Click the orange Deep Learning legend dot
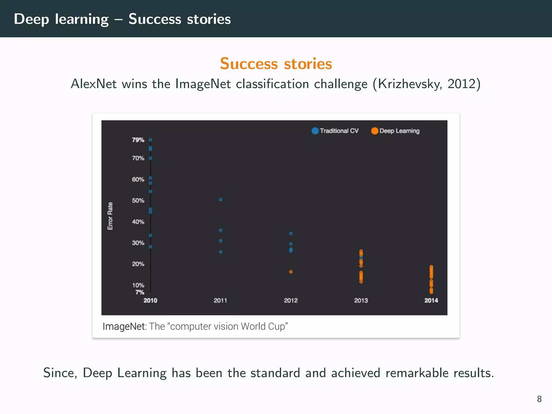click(375, 131)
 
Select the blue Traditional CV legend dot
click(315, 131)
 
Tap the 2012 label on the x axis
click(291, 300)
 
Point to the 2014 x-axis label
click(431, 300)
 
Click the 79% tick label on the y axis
click(138, 140)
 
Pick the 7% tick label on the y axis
click(140, 292)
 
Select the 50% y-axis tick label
click(138, 201)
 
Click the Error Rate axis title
click(110, 216)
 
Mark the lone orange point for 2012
click(291, 272)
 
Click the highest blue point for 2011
click(220, 200)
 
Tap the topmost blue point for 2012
click(291, 233)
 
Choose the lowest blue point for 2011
click(220, 252)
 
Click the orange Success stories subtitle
click(276, 64)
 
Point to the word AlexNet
click(94, 84)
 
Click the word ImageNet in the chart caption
click(124, 326)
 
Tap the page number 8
click(539, 399)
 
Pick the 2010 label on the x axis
click(150, 300)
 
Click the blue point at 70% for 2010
click(150, 158)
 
